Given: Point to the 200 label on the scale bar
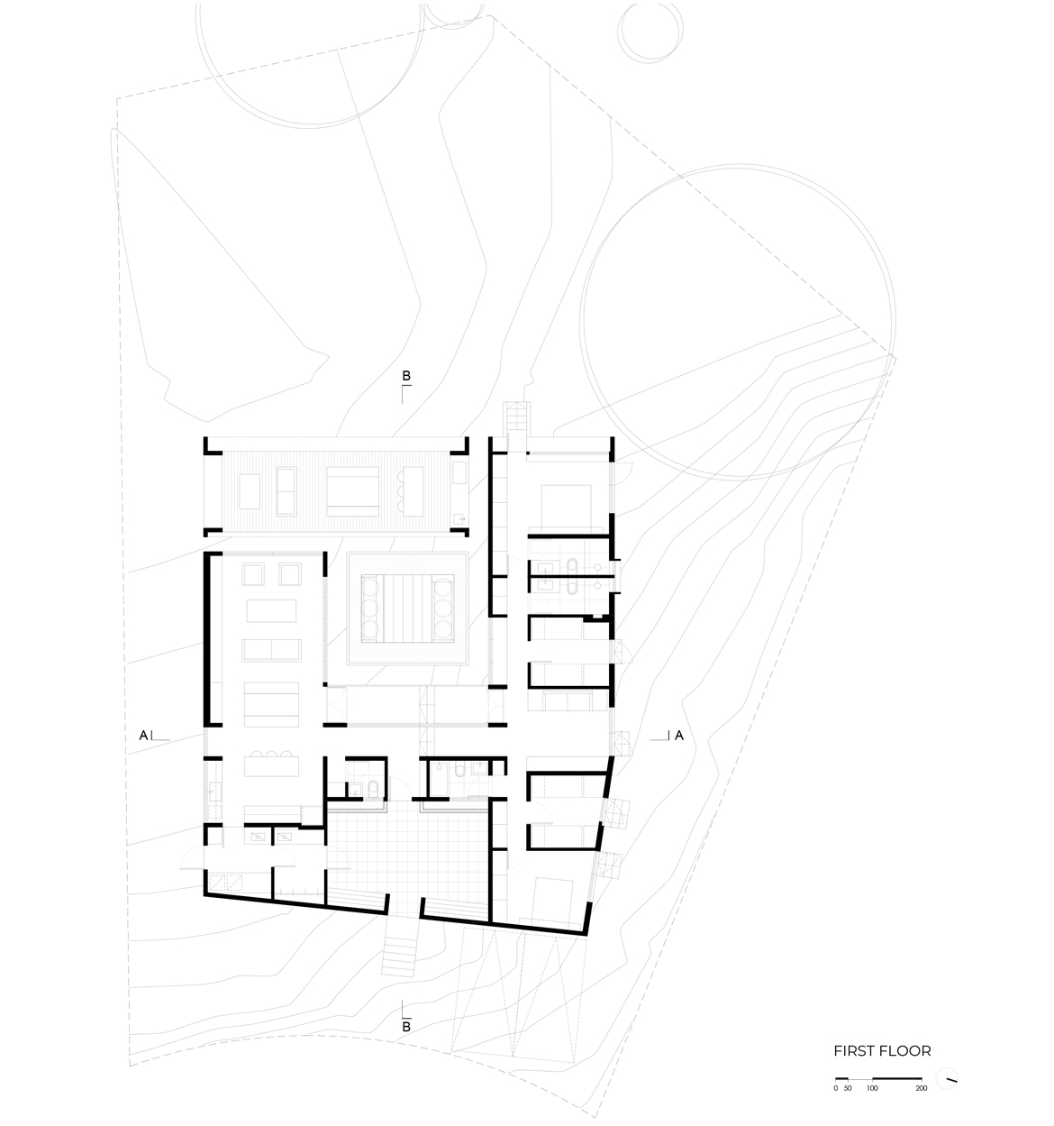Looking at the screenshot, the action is click(922, 1088).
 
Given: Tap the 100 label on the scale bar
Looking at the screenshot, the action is click(872, 1088).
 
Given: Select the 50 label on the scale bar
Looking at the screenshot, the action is click(848, 1088).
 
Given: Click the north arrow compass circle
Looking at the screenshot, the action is click(947, 1078).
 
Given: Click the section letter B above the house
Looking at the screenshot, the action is click(406, 375).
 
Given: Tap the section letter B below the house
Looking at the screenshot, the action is click(406, 1027).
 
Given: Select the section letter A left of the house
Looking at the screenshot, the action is click(143, 736).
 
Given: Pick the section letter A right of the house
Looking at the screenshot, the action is click(679, 736).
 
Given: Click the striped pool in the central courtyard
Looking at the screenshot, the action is click(407, 608).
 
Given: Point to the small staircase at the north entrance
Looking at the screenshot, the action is click(517, 417).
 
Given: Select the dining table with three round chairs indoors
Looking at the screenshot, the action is click(271, 764).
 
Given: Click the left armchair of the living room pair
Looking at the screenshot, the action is click(253, 573).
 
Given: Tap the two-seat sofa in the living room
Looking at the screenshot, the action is click(271, 650).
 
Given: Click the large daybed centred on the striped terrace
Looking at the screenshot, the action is click(352, 491).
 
